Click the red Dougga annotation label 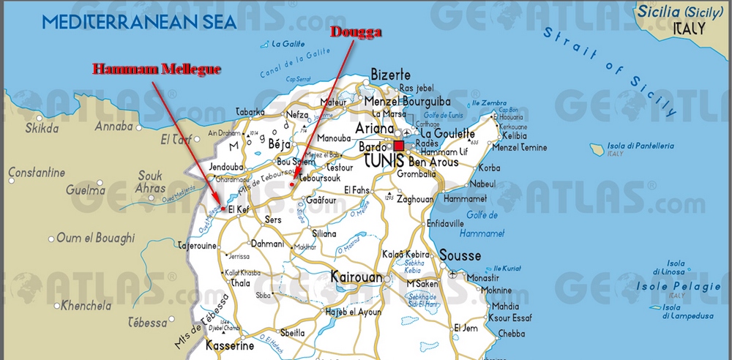(357, 31)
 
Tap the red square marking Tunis (399, 146)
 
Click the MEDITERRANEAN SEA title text (139, 21)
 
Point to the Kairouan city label (356, 278)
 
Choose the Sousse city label (460, 255)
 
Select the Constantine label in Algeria (37, 173)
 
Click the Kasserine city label (230, 345)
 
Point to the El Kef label (240, 210)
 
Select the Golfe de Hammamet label (482, 224)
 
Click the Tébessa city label (148, 323)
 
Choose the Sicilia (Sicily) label (671, 12)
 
